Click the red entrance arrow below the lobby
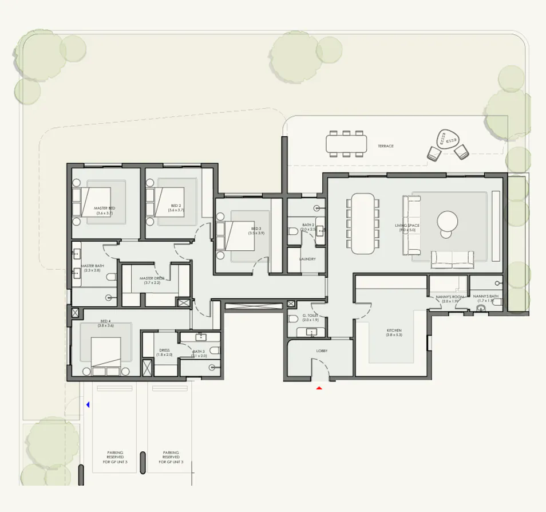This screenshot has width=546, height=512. coord(320,388)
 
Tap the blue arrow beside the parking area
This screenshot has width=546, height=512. coord(88,405)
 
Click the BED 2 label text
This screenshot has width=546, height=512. coord(176,208)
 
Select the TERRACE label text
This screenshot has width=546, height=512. coord(385,147)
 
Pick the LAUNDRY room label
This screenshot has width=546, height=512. coord(307,259)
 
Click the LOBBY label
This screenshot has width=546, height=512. coord(321,350)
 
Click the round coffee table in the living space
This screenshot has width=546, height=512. coord(448,222)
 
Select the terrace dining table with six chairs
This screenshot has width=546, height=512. coord(346,143)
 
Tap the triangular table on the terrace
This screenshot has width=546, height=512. coord(446,139)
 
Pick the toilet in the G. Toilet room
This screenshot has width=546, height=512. coord(292,319)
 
